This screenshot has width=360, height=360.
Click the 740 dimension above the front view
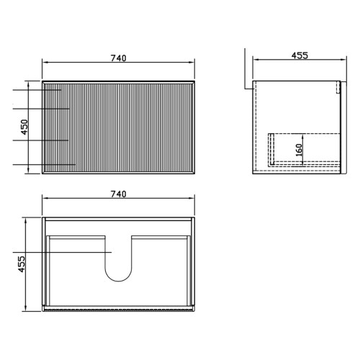click(118, 58)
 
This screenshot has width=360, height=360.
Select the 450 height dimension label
click(24, 127)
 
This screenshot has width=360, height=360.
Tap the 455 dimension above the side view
click(300, 55)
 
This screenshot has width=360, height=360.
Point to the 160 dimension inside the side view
click(299, 150)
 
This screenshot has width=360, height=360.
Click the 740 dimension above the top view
click(118, 194)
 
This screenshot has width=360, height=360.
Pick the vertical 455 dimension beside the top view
click(22, 264)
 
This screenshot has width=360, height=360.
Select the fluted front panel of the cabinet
click(118, 127)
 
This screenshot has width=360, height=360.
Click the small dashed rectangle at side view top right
click(338, 87)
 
